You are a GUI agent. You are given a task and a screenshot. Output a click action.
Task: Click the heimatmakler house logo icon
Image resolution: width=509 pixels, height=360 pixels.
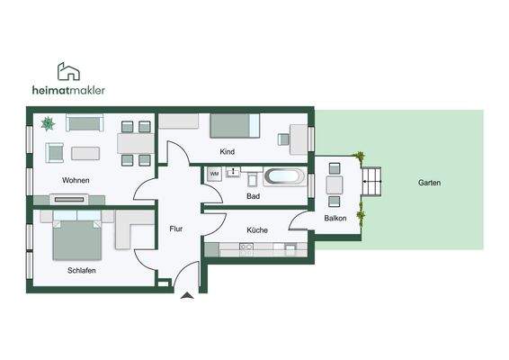(x=68, y=71)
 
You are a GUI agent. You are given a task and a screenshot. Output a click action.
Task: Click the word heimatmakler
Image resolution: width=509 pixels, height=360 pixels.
(x=67, y=90)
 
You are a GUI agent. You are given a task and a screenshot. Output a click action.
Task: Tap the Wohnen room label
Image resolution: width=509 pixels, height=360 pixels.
(x=76, y=180)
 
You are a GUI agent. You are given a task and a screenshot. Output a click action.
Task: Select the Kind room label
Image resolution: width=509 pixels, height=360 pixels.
(x=227, y=152)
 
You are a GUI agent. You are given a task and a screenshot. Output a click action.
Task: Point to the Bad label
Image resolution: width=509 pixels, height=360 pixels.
(x=253, y=195)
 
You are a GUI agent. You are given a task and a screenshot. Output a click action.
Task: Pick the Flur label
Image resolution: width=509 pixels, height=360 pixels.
(x=176, y=229)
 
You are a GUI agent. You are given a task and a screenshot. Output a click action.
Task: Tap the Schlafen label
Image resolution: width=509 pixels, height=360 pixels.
(x=81, y=270)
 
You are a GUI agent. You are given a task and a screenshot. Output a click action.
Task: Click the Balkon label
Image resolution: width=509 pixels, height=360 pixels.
(x=335, y=218)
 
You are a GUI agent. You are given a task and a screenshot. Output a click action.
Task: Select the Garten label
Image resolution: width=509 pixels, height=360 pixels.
(x=429, y=183)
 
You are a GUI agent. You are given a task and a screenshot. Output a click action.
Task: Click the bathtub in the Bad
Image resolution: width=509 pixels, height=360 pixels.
(x=284, y=176)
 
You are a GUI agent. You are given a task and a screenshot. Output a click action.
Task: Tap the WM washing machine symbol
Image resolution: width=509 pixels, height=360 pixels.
(x=214, y=174)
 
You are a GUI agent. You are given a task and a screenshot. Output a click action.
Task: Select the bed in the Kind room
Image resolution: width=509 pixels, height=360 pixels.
(x=235, y=126)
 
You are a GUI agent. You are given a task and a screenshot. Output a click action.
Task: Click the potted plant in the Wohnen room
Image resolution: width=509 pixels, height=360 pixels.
(x=48, y=123)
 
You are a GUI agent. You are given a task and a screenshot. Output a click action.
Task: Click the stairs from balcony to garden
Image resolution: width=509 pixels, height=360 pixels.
(x=373, y=184)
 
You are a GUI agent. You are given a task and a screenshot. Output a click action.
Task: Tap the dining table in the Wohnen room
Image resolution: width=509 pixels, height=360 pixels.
(x=135, y=143)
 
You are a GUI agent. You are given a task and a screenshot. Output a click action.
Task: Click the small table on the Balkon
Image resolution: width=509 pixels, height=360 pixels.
(x=335, y=185)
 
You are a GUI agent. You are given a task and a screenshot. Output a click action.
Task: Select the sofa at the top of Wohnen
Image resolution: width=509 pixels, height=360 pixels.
(x=85, y=124)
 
